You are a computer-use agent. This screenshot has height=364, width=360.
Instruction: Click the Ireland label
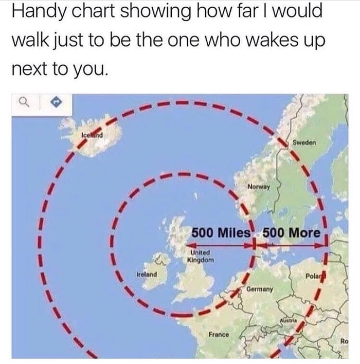[x=147, y=275]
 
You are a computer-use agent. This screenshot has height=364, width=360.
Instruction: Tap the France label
[x=219, y=335]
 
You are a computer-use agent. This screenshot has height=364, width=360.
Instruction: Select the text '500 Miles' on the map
[x=221, y=232]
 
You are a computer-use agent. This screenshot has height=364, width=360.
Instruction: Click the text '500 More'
[x=291, y=232]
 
